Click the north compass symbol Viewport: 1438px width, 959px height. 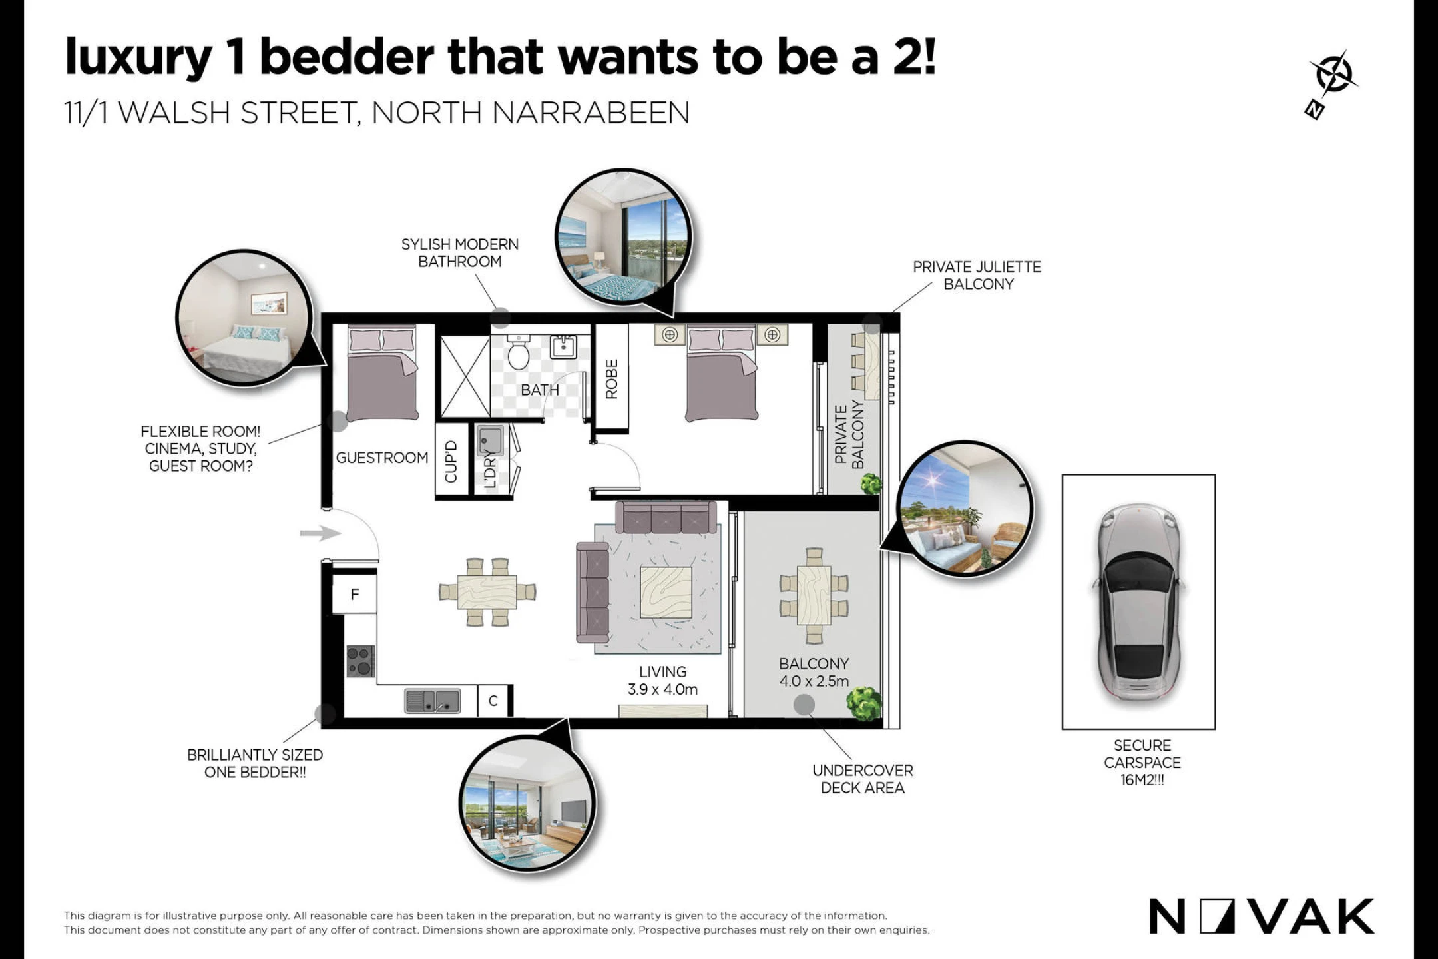(x=1332, y=84)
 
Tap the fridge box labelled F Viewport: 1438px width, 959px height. (x=354, y=594)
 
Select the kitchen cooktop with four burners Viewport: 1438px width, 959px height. (x=360, y=661)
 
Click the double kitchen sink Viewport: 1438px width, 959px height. (x=432, y=701)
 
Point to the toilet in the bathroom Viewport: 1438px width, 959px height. (x=518, y=352)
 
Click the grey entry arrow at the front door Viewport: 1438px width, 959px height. (x=320, y=533)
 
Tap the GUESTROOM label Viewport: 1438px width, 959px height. (x=381, y=458)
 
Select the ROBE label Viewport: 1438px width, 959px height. (x=612, y=379)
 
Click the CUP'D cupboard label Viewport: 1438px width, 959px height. (x=451, y=461)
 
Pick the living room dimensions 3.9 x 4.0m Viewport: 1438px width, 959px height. (x=662, y=689)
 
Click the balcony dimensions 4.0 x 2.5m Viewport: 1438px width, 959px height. (x=814, y=681)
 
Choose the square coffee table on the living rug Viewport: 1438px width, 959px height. (x=666, y=592)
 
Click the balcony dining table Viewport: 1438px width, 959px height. (x=814, y=595)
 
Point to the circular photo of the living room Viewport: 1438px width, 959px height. (x=527, y=803)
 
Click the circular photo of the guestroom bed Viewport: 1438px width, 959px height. (x=244, y=318)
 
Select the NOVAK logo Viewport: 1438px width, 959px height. (x=1262, y=916)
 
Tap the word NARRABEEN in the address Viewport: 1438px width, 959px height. (x=591, y=113)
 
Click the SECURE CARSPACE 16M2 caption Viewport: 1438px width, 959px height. (x=1142, y=763)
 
